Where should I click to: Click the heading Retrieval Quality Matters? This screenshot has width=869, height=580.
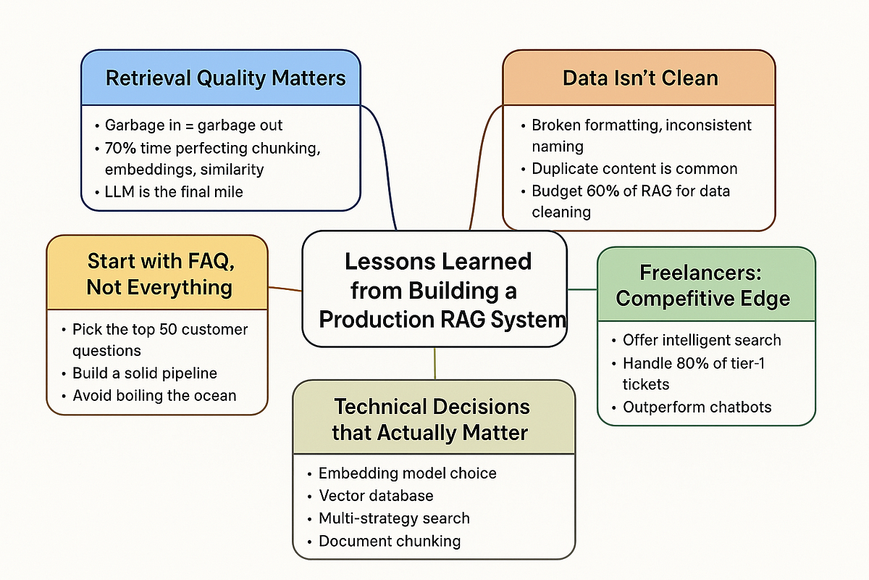pyautogui.click(x=225, y=78)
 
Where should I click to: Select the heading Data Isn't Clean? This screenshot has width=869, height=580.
pyautogui.click(x=640, y=78)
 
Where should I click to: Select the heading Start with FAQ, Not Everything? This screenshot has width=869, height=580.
pyautogui.click(x=159, y=273)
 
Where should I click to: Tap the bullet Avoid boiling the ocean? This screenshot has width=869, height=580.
pyautogui.click(x=154, y=396)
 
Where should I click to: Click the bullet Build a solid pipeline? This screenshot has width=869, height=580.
pyautogui.click(x=144, y=373)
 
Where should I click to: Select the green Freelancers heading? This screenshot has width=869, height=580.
pyautogui.click(x=706, y=286)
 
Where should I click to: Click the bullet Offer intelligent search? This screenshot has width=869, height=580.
pyautogui.click(x=702, y=340)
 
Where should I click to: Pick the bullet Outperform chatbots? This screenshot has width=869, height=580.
pyautogui.click(x=697, y=407)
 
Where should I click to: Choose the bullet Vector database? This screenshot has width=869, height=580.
pyautogui.click(x=376, y=496)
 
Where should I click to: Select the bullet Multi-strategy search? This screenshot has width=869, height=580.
pyautogui.click(x=394, y=518)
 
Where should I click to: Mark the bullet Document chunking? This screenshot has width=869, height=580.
pyautogui.click(x=390, y=541)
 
